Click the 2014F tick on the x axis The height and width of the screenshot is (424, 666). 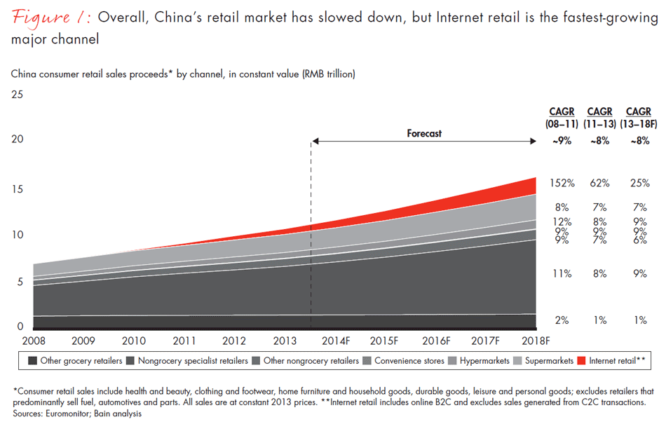335,341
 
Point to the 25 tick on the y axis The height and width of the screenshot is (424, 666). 18,95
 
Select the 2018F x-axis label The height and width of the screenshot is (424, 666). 536,341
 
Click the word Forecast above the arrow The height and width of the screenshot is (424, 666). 424,133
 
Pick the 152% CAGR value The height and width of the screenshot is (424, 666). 561,183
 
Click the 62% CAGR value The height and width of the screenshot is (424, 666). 599,183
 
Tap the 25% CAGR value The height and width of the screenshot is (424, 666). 639,183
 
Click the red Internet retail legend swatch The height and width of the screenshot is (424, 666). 581,361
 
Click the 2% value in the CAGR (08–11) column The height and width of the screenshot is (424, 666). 561,320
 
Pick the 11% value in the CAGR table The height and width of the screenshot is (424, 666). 561,274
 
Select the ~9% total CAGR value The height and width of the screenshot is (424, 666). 561,140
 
